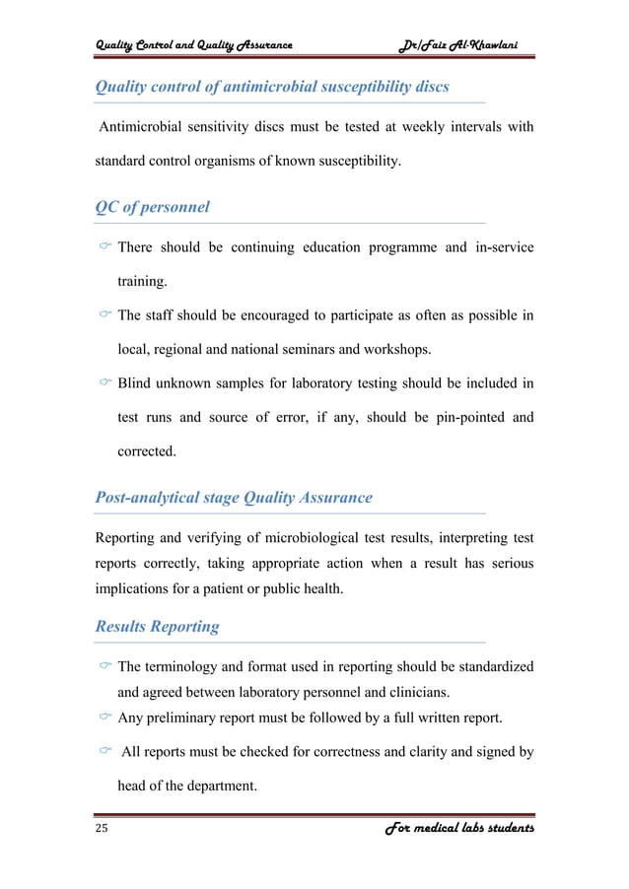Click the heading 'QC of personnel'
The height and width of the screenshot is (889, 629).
point(152,208)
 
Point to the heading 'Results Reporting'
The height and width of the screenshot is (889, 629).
point(157,626)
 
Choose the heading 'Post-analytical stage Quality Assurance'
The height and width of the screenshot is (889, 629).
point(233,498)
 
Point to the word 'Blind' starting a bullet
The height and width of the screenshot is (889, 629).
point(136,382)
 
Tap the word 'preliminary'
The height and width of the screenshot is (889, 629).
point(188,717)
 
